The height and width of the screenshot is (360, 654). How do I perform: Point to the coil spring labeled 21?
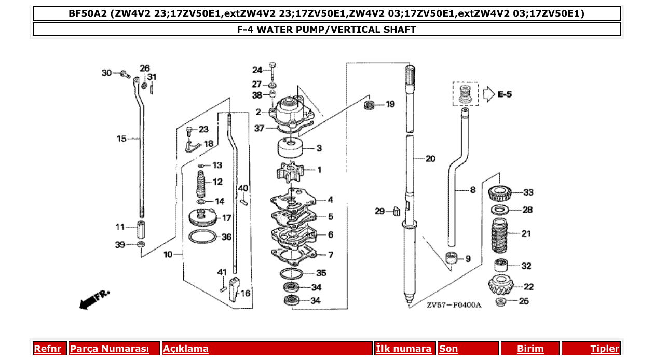click(502, 234)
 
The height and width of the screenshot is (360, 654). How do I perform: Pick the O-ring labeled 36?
click(202, 237)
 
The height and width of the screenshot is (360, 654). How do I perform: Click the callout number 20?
click(430, 159)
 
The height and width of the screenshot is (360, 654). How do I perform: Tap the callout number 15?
click(121, 139)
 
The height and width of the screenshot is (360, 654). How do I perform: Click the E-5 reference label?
click(505, 94)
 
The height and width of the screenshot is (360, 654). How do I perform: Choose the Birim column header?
click(529, 349)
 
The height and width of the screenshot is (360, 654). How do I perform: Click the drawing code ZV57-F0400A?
click(454, 305)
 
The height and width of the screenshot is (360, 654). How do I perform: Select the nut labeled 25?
click(501, 301)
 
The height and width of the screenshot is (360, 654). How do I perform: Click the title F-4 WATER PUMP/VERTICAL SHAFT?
click(326, 30)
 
